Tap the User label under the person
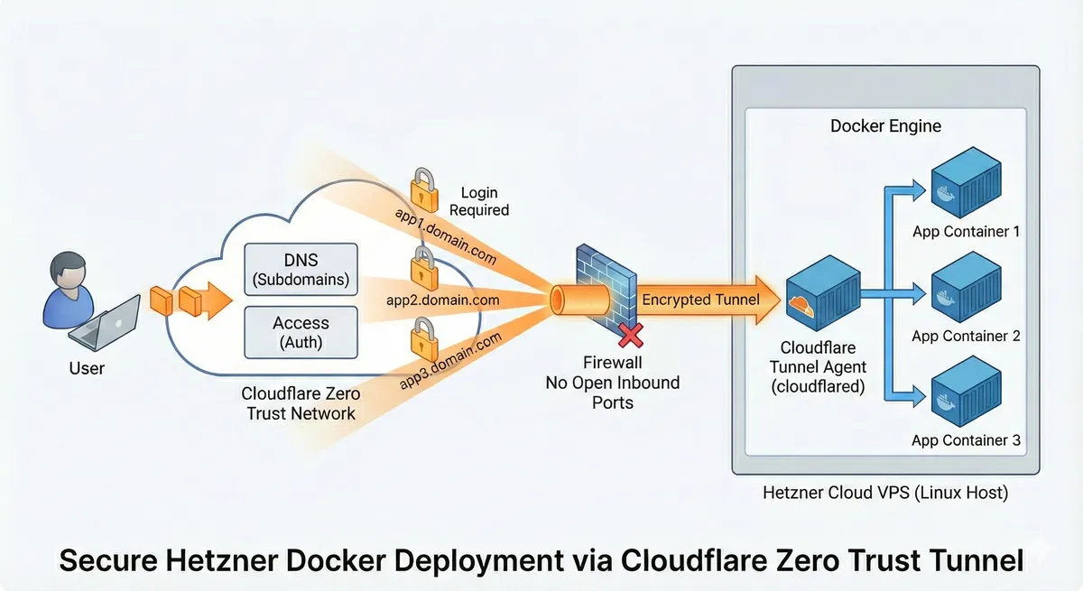[87, 368]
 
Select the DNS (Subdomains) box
[301, 270]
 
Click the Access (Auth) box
[301, 332]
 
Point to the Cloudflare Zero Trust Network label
[301, 404]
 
